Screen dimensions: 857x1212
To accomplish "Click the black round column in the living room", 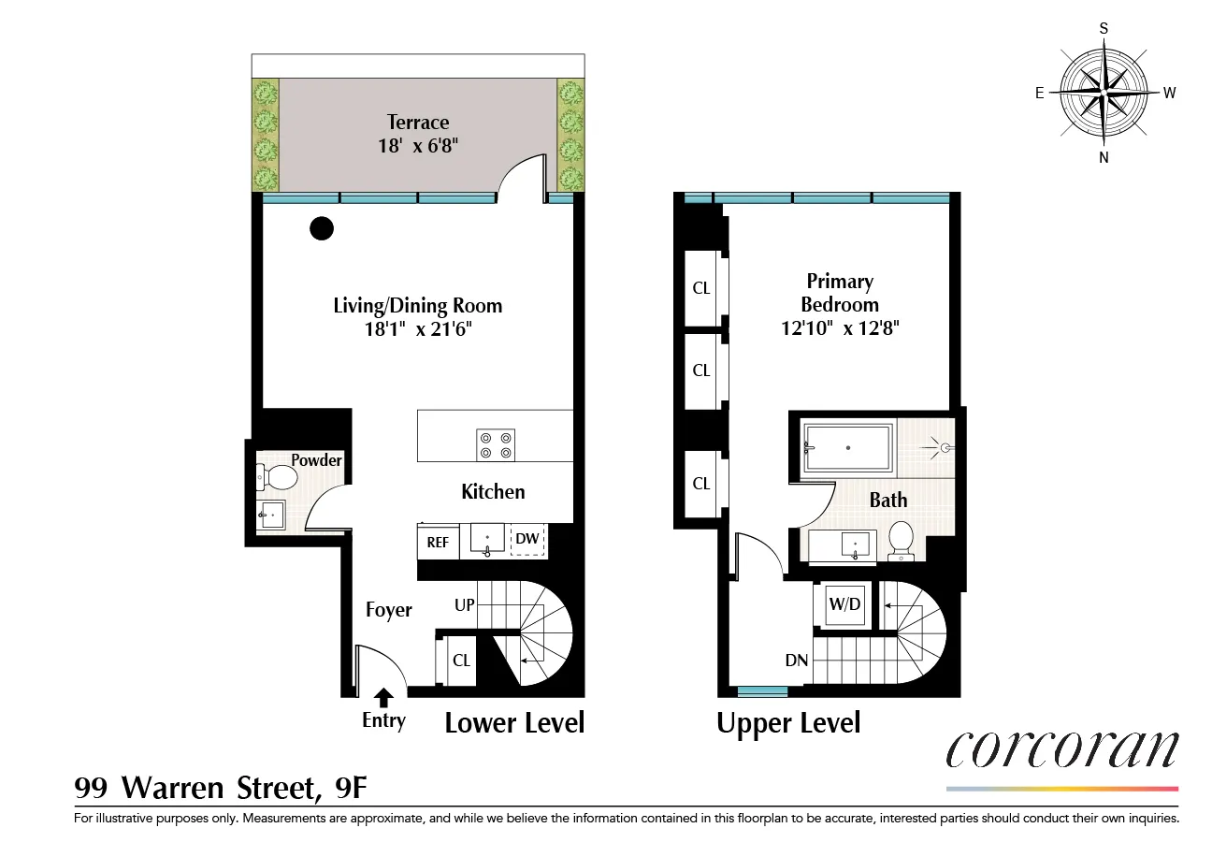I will coord(322,227).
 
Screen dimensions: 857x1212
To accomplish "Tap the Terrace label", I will coord(418,123).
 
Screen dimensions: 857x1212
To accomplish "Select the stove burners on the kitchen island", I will coord(496,443).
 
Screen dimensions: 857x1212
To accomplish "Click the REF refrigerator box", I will coord(438,541).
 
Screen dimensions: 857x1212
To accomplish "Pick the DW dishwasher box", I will coord(527,539).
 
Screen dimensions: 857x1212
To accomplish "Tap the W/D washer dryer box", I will coord(844,605).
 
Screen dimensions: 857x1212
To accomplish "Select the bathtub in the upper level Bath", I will coord(849,448).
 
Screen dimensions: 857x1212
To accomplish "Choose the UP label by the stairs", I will coord(465,605).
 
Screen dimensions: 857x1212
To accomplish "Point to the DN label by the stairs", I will coord(797,661).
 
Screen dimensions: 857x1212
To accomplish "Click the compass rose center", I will coord(1104,94).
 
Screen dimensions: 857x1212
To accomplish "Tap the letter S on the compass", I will coord(1104,28).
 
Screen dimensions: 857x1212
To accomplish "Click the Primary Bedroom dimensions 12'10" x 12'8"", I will coord(839,328).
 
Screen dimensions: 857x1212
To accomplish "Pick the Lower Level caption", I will coord(514,722).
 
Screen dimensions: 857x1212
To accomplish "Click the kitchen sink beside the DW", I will coord(487,541).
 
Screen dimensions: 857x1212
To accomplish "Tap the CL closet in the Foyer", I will coord(461,660).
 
